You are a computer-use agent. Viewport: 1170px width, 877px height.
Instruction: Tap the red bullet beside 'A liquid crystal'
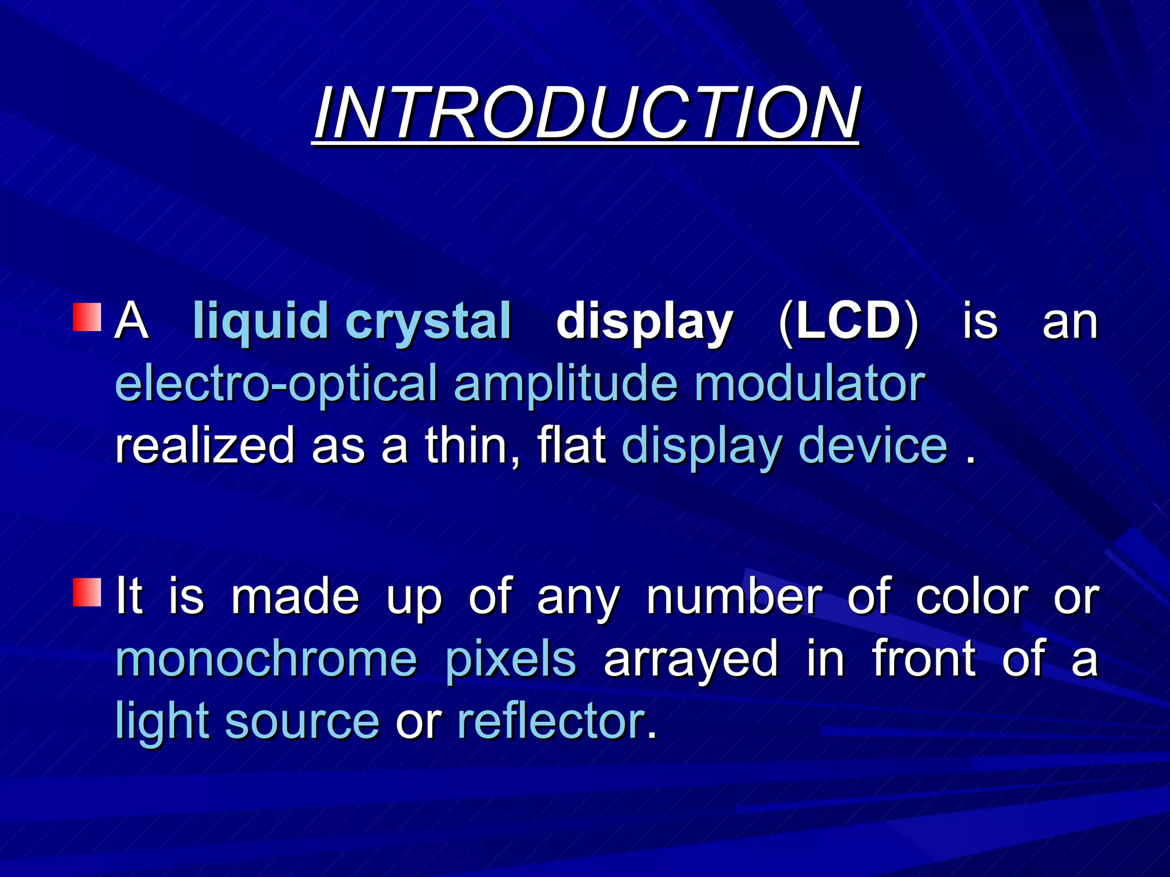(87, 317)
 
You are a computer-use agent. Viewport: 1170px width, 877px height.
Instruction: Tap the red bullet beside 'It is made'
(87, 592)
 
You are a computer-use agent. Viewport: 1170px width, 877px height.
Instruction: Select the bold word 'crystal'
(428, 321)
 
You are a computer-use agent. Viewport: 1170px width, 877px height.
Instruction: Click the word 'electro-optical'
(277, 383)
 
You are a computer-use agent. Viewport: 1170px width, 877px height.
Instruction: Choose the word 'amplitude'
(566, 383)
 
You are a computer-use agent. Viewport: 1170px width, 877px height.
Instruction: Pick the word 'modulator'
(809, 383)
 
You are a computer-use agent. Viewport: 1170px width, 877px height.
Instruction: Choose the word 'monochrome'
(266, 659)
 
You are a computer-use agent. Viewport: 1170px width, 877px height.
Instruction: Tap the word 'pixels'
(510, 659)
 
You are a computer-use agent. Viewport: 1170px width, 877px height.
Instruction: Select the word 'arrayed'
(691, 659)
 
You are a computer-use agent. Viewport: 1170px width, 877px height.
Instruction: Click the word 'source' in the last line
(302, 721)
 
